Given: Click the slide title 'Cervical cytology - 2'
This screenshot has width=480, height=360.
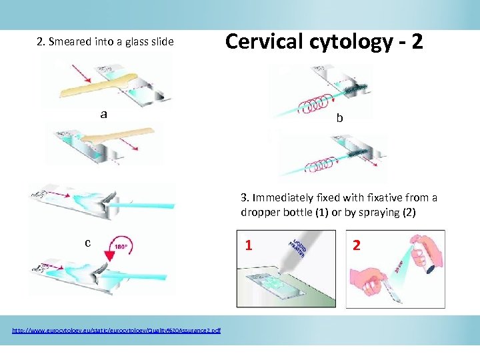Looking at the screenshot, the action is click(323, 41).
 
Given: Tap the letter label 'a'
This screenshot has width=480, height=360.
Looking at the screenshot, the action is click(103, 113).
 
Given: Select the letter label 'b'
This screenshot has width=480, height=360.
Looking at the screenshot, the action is click(339, 118).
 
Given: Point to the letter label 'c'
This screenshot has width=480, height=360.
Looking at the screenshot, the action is click(87, 243).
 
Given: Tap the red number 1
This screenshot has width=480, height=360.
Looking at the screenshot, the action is click(248, 245).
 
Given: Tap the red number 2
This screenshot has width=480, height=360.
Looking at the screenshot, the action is click(356, 245).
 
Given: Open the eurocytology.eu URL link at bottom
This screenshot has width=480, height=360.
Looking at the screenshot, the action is click(117, 331).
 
